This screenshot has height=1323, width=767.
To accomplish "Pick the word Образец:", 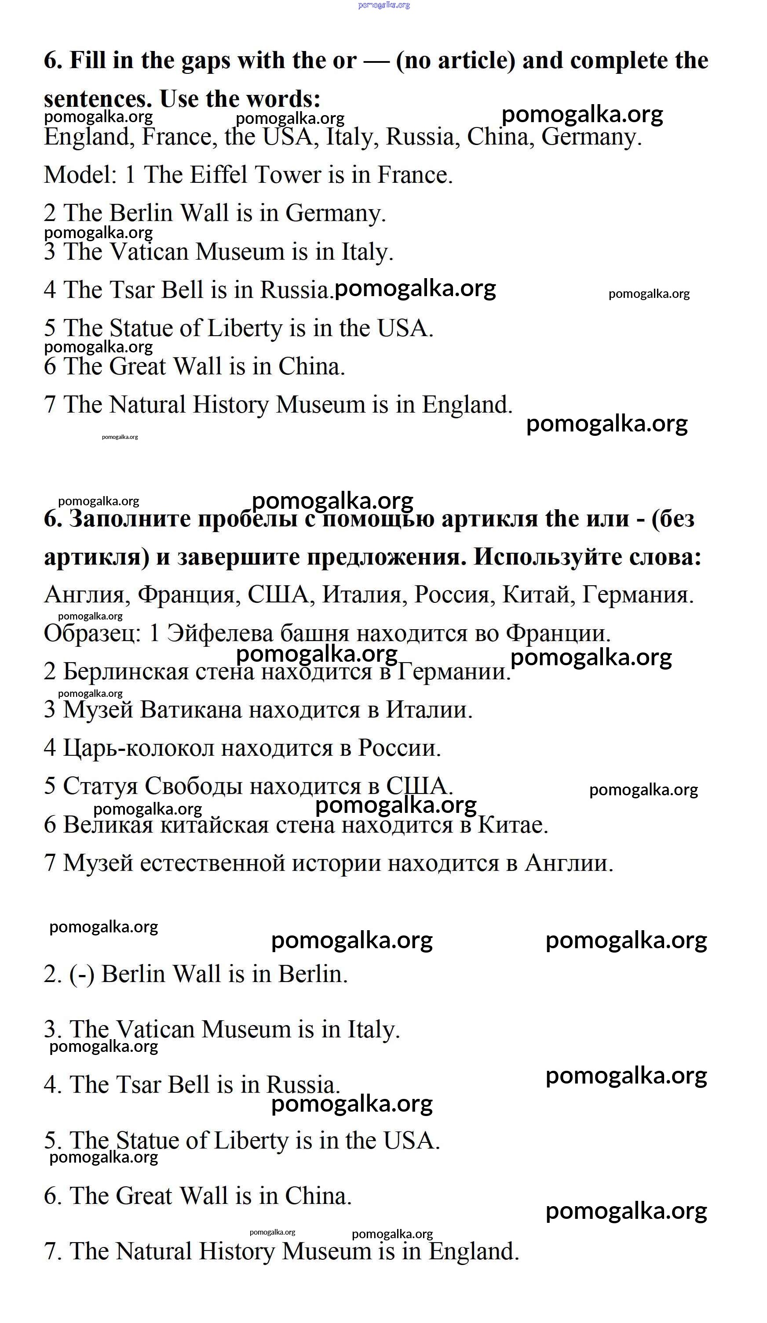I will (92, 633).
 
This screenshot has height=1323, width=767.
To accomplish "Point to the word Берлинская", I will (125, 671).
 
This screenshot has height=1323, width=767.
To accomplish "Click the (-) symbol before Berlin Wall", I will (81, 975).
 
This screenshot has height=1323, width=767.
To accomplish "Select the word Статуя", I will (100, 787).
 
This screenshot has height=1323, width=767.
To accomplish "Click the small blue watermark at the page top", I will (383, 5).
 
